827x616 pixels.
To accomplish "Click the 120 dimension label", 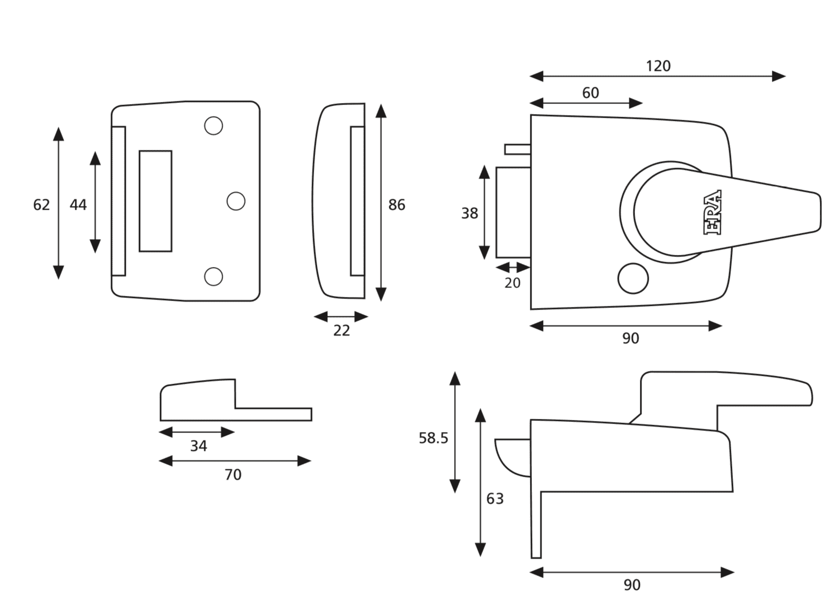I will [x=658, y=66].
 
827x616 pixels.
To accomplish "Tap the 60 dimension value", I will [x=590, y=93].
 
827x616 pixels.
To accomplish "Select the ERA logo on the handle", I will [x=712, y=212].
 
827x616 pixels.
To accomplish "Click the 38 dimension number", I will [x=469, y=213].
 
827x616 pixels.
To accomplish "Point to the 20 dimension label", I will [x=512, y=283].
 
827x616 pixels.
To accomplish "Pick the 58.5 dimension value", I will [x=433, y=438].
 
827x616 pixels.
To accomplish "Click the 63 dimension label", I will [x=495, y=498].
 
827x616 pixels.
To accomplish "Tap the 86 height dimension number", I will [x=397, y=205].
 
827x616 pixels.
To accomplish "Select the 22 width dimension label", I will [x=341, y=331].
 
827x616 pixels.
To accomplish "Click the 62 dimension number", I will [x=42, y=204].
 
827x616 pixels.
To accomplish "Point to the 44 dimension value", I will [x=78, y=204].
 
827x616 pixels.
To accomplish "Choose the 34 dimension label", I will [x=198, y=446].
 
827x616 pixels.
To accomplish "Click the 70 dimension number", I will [x=233, y=475].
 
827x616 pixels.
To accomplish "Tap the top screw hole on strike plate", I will [x=213, y=126].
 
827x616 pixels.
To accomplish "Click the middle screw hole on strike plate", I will [x=236, y=201].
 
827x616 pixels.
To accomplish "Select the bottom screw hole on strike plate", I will [x=213, y=276].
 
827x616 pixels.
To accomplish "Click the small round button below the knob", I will [x=633, y=279].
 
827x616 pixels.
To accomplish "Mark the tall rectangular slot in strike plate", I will [x=155, y=201].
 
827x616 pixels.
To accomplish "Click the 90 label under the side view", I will [x=632, y=585].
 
